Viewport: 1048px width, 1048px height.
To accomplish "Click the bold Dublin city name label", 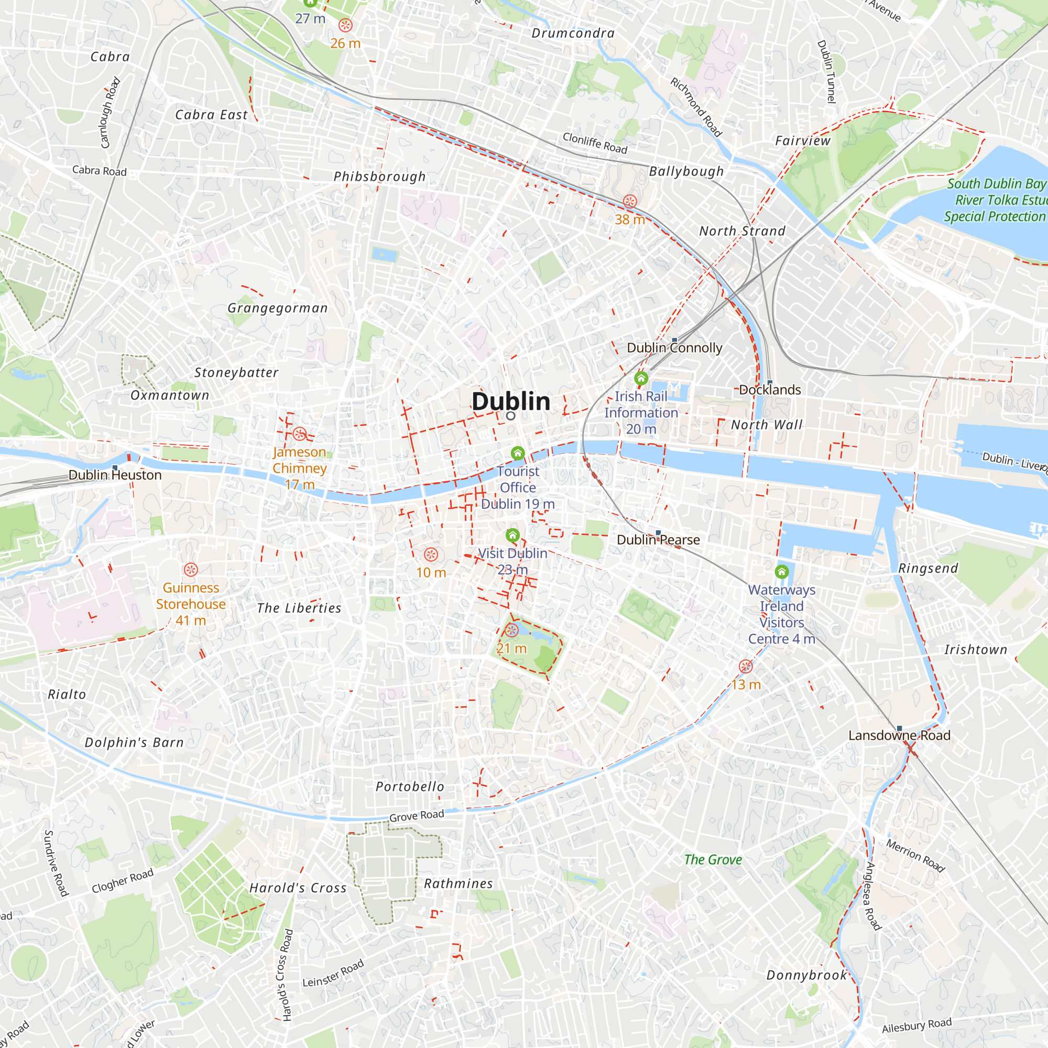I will [x=510, y=401].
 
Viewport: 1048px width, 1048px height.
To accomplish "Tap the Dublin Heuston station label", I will [x=115, y=475].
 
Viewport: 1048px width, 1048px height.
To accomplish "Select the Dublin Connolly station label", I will [x=674, y=348].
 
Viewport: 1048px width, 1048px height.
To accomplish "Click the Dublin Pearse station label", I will [x=658, y=540].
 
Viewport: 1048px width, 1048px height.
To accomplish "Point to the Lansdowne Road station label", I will [x=899, y=736].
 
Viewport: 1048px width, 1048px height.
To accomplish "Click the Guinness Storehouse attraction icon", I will [x=190, y=570].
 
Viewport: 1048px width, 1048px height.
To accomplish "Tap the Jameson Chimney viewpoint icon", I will [x=299, y=434].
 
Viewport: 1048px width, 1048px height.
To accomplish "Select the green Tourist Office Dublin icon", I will [x=518, y=453].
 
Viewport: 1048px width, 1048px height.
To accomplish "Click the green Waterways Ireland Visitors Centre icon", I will [x=781, y=572].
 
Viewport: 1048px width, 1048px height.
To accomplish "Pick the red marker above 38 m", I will [x=629, y=201].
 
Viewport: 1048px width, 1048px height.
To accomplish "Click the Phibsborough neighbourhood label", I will [x=379, y=176].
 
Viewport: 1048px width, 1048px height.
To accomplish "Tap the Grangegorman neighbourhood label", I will [x=277, y=308].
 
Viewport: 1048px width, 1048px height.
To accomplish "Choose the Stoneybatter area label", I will [x=236, y=373].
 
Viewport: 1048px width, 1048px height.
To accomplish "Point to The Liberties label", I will [x=299, y=608].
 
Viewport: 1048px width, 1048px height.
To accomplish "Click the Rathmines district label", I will [x=458, y=883].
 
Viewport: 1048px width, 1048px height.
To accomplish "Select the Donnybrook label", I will [x=806, y=975].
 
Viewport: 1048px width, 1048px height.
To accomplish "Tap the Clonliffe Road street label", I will [x=595, y=143].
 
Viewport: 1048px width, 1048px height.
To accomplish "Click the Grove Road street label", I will [x=416, y=816].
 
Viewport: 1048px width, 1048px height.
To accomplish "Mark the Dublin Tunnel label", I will [x=826, y=71].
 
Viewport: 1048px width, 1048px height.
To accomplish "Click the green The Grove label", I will [x=713, y=860].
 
